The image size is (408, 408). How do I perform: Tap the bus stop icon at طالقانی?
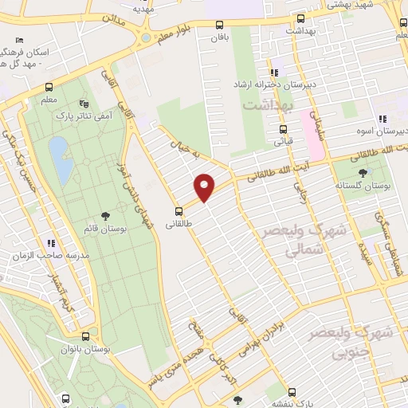(x=178, y=212)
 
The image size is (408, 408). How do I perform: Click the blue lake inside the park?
(x=58, y=150)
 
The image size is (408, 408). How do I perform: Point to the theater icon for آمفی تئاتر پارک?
(x=84, y=104)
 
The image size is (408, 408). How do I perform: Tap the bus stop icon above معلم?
(x=49, y=88)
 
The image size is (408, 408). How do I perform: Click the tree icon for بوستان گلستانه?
(x=363, y=173)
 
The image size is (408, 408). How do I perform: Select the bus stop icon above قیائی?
(x=282, y=129)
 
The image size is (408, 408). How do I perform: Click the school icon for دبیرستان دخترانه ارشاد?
(x=274, y=73)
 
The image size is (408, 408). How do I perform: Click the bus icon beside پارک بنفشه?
(x=292, y=392)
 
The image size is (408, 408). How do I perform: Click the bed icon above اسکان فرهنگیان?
(x=19, y=41)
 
